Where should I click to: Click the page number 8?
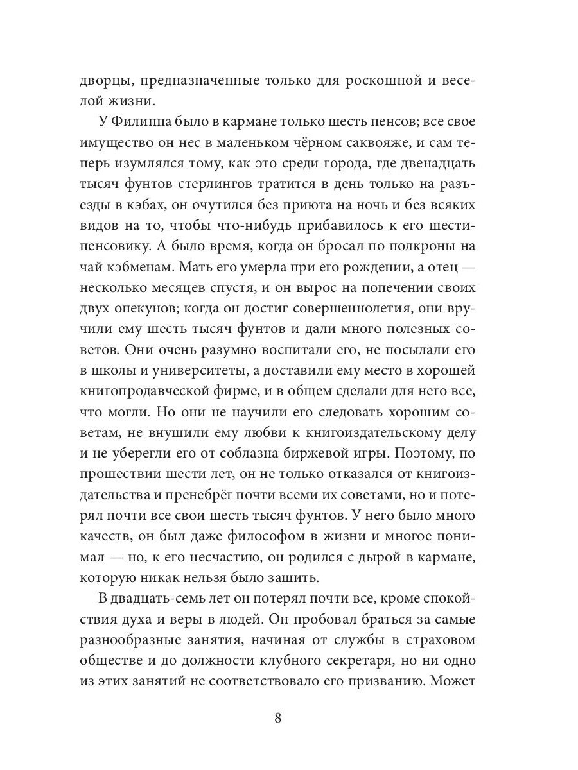[x=277, y=717]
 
